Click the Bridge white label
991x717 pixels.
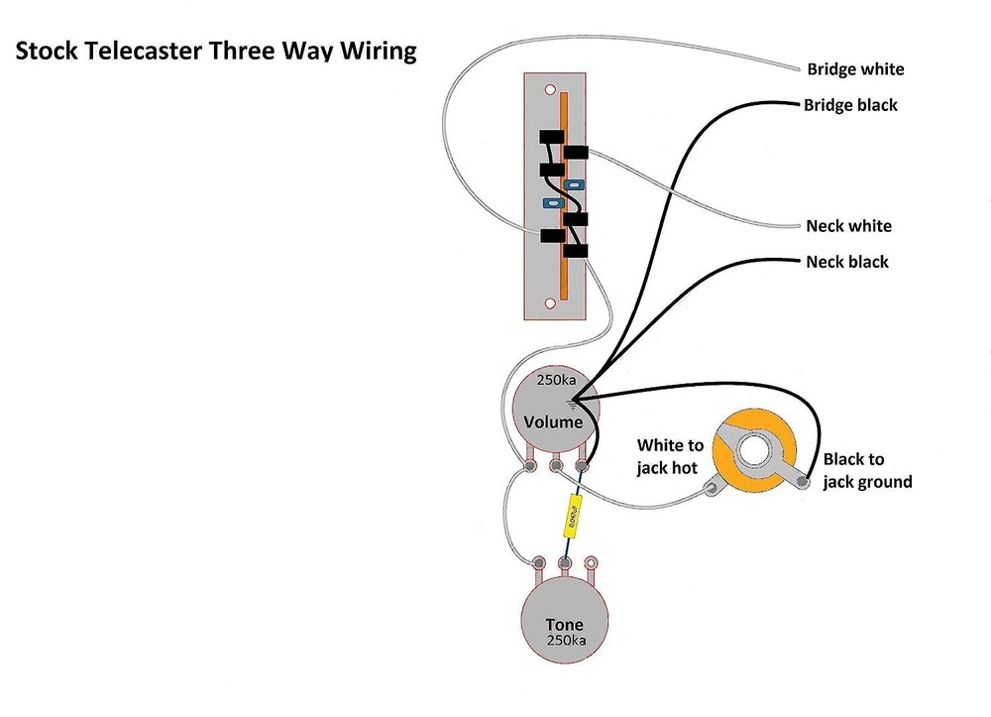tap(854, 69)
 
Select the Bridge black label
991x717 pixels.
tap(850, 104)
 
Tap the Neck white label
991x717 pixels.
tap(848, 226)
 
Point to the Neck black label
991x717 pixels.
tap(846, 262)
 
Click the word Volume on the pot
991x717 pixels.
tap(553, 422)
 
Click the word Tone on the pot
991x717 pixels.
tap(564, 625)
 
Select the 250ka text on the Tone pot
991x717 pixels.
tap(565, 642)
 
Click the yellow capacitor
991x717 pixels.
tap(572, 517)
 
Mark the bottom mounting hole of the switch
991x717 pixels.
tap(551, 302)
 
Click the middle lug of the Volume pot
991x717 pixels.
tap(558, 465)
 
